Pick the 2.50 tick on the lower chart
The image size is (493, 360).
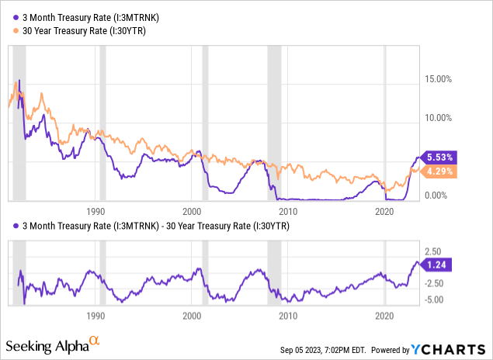pyautogui.click(x=433, y=251)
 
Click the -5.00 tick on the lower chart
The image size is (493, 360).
pyautogui.click(x=432, y=299)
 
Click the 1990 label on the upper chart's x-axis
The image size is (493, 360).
pyautogui.click(x=95, y=210)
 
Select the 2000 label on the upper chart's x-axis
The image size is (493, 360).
pyautogui.click(x=192, y=210)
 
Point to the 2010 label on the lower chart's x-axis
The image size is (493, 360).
pyautogui.click(x=288, y=317)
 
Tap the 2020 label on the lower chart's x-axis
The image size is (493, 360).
pyautogui.click(x=385, y=317)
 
